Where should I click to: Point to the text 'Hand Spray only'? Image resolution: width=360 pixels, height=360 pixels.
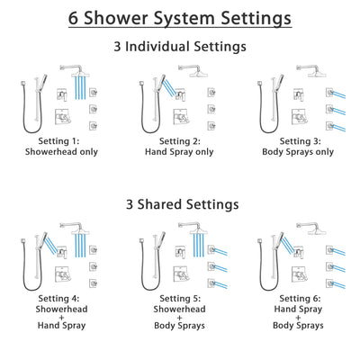(180, 152)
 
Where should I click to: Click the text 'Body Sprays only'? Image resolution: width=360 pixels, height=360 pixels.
(300, 152)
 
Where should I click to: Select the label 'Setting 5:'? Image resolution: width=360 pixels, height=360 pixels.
(180, 300)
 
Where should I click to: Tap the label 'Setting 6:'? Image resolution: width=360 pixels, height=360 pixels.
(300, 300)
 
